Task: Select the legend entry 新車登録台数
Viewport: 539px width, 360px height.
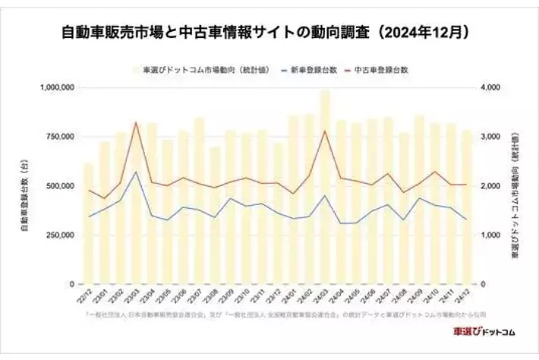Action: (x=313, y=69)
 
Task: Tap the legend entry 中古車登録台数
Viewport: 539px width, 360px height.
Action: (x=382, y=69)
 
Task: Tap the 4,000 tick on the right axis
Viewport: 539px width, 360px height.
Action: (x=491, y=87)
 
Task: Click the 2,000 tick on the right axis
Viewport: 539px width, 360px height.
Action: (x=491, y=186)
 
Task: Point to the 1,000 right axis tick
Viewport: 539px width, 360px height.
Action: (x=491, y=235)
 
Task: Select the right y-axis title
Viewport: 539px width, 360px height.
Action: (x=514, y=186)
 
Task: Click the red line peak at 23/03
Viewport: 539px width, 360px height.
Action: (x=136, y=122)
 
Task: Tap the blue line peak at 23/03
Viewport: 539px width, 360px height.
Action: (x=136, y=172)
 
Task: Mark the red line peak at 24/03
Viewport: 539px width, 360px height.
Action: (x=325, y=131)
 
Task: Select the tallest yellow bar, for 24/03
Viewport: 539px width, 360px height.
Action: (x=325, y=190)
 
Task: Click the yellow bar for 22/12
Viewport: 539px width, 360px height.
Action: (x=89, y=224)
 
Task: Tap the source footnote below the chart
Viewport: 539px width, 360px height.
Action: (x=269, y=314)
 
